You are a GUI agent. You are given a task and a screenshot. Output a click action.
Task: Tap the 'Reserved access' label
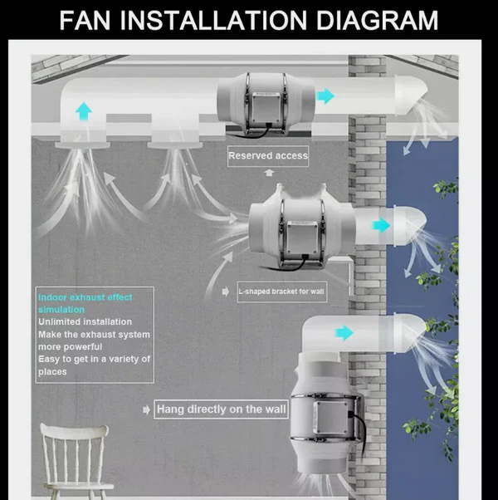tap(267, 155)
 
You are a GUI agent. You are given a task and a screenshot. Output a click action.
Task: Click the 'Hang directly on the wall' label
tap(222, 409)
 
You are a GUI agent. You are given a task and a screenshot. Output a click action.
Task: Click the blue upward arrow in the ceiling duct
tap(83, 110)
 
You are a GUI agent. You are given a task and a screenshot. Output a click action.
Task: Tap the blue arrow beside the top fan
tap(325, 96)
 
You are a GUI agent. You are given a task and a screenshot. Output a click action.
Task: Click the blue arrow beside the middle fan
tap(381, 225)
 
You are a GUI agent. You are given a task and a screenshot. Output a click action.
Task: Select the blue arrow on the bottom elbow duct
tap(344, 334)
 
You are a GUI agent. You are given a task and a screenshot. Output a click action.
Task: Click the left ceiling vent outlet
tap(83, 146)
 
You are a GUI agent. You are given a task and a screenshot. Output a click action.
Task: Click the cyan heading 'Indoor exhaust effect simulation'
tap(85, 303)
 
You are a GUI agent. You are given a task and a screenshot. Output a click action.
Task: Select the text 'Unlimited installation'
tap(85, 321)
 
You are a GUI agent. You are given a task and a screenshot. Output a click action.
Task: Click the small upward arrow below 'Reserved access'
tap(268, 173)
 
